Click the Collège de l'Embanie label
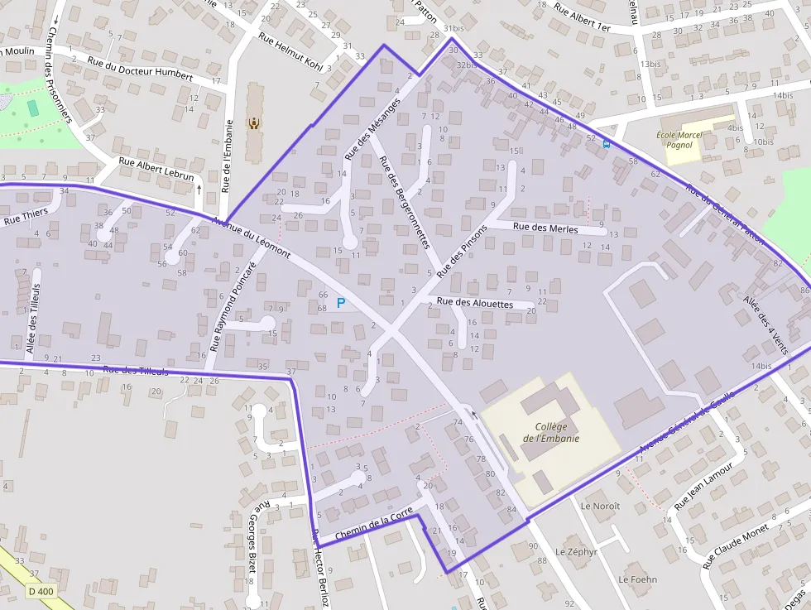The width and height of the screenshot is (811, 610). tap(550, 433)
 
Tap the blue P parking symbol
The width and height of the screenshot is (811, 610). tap(340, 304)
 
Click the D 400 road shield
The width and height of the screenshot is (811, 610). tap(40, 591)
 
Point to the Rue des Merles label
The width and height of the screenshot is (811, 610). tap(545, 227)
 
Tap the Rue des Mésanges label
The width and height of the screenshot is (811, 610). tap(372, 128)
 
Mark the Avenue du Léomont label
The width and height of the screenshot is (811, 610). tap(252, 238)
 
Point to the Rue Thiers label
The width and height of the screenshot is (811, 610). tap(26, 216)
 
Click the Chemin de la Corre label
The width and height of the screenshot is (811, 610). tap(373, 525)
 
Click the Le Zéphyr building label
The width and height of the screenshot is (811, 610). tap(576, 551)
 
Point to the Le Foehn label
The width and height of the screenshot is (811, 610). tap(637, 579)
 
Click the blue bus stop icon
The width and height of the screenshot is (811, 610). tap(607, 143)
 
